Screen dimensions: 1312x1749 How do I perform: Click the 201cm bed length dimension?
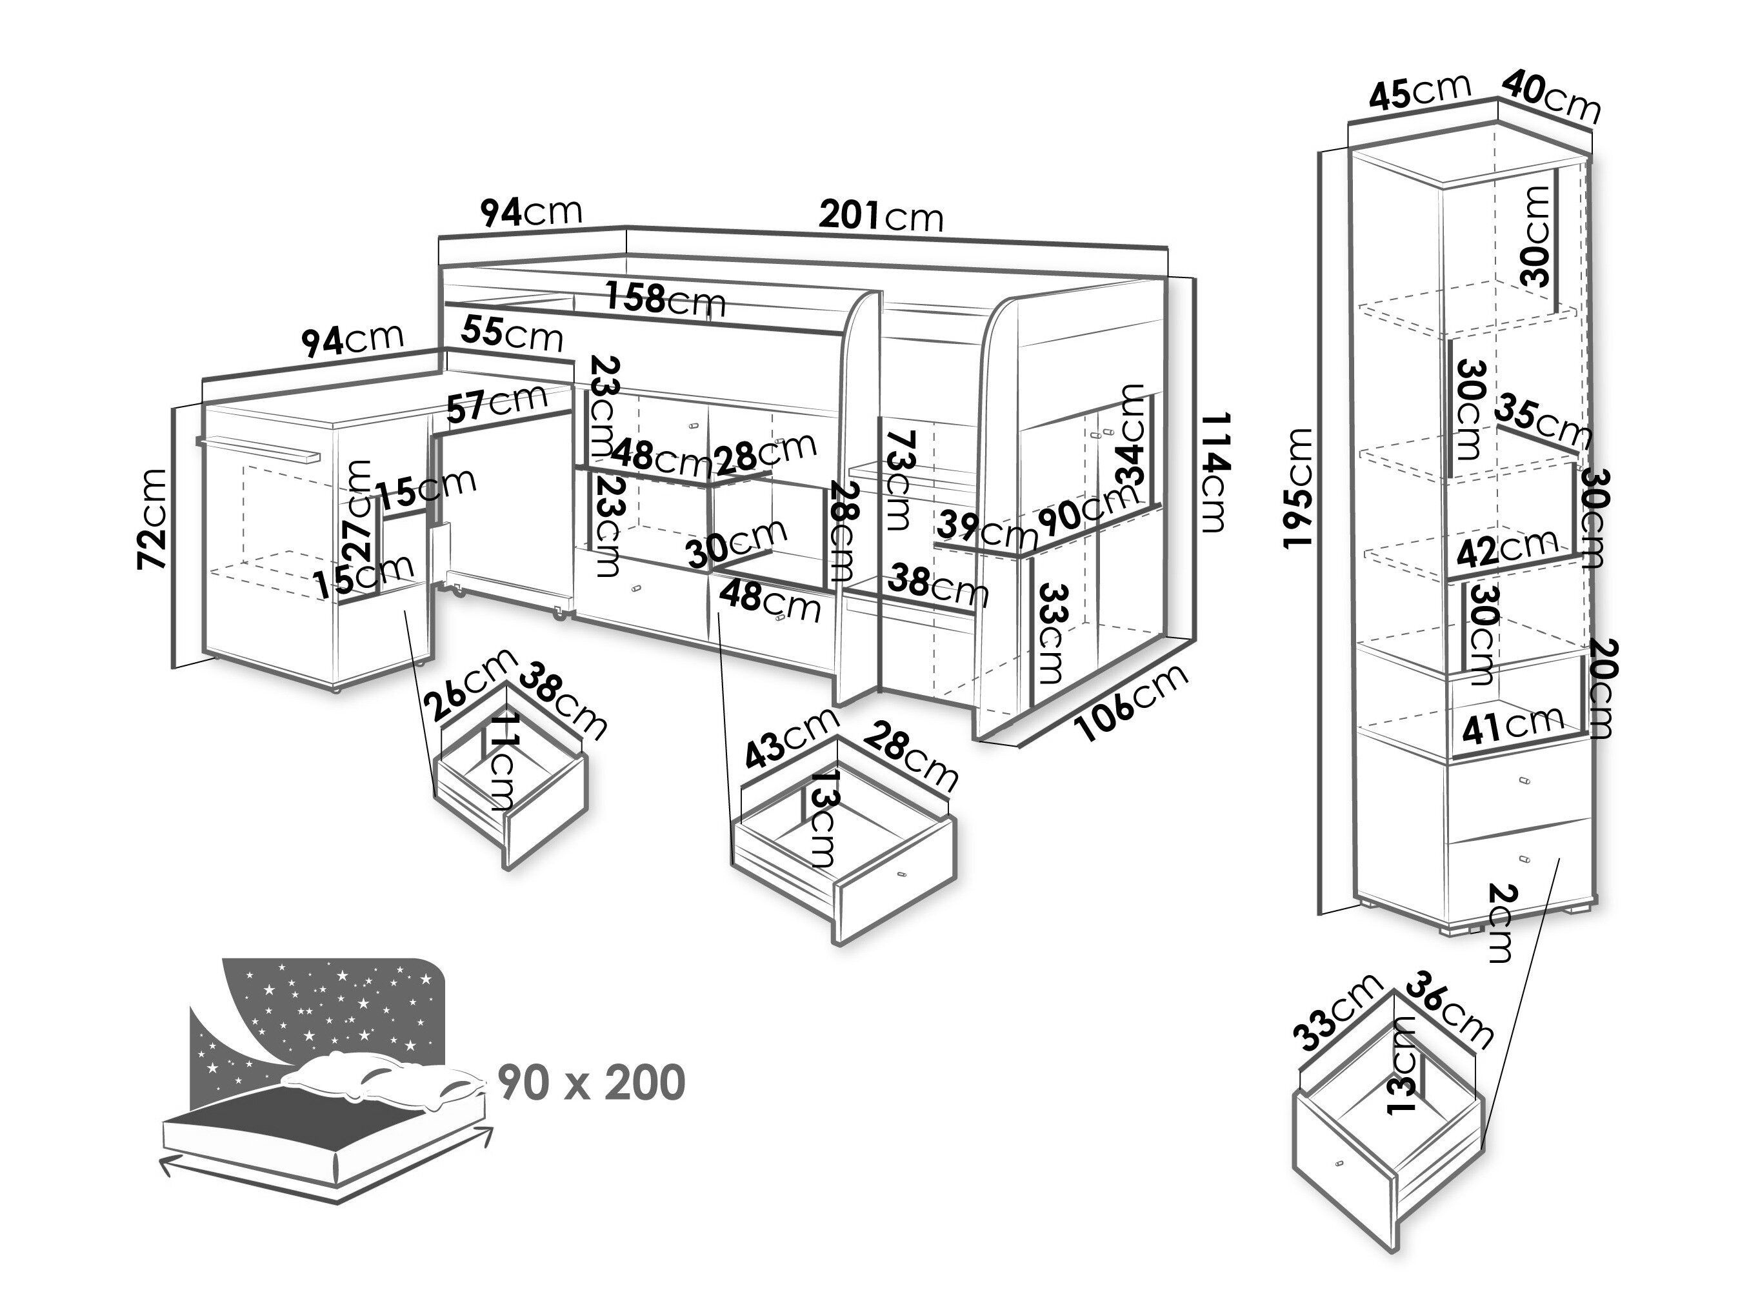(x=881, y=214)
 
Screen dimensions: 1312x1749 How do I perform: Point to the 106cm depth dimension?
(x=1133, y=703)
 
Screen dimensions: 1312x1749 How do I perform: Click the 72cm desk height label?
(x=153, y=518)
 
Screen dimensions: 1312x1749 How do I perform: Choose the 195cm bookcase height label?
(x=1297, y=487)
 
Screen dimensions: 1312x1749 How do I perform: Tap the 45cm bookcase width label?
(x=1419, y=92)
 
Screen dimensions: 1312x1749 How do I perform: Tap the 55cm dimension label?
(x=512, y=333)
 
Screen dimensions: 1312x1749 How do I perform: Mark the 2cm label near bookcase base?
(x=1500, y=922)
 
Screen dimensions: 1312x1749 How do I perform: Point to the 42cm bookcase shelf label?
(x=1507, y=548)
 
